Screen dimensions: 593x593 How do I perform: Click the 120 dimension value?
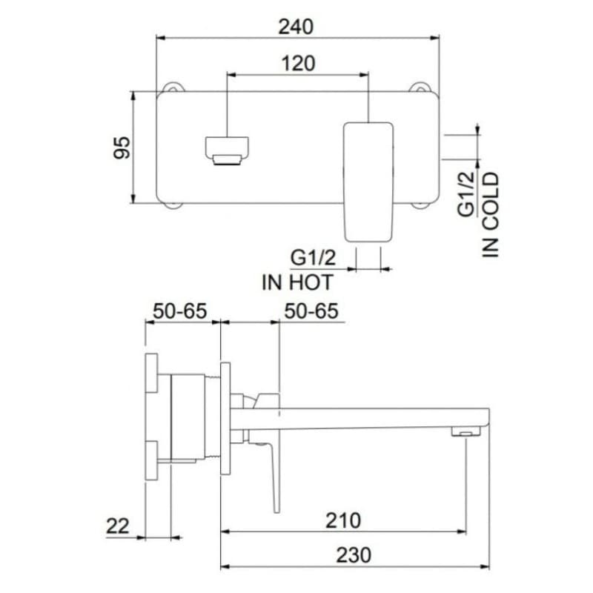(298, 64)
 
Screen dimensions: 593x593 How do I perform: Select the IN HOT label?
(297, 282)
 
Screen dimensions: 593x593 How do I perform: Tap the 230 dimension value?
(355, 555)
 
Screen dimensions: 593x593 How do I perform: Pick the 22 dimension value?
(118, 526)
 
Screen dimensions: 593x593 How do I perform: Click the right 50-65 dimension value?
(311, 311)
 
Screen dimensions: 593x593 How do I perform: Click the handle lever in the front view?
(367, 181)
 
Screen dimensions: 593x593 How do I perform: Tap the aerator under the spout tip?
(466, 431)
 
